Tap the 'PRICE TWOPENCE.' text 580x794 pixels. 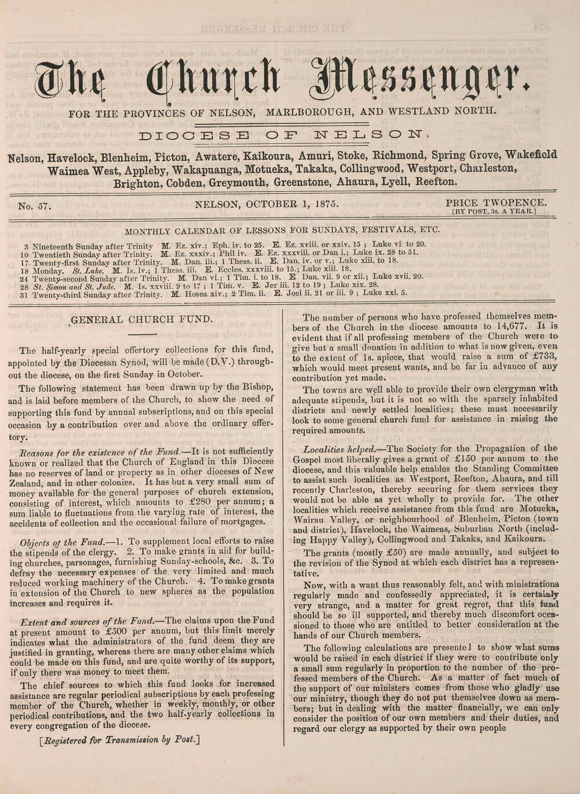495,203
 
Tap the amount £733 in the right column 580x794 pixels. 543,356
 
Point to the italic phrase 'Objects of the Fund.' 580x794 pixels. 56,542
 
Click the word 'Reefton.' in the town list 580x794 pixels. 433,182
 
